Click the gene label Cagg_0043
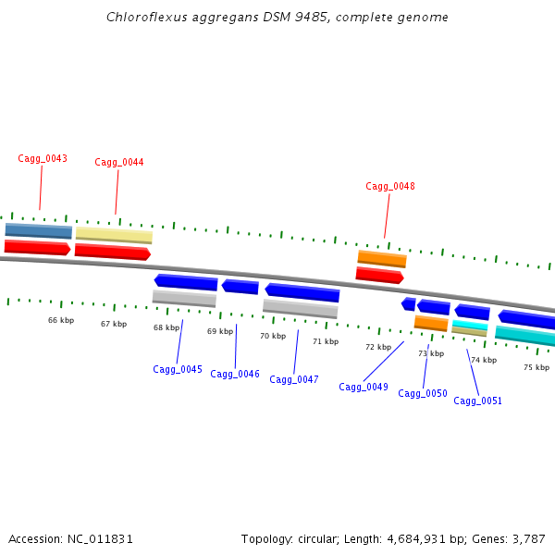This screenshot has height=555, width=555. point(43,158)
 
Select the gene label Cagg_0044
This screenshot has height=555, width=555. point(119,163)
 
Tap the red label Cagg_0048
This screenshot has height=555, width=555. point(390,186)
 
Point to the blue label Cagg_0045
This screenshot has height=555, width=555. point(178,369)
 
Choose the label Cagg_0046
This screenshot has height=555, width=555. point(235,374)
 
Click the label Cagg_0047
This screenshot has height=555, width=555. point(294,379)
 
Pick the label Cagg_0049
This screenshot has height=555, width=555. point(364,387)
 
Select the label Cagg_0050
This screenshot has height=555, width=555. point(423,393)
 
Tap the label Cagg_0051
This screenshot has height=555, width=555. point(478,401)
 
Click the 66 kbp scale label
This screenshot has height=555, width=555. point(61,320)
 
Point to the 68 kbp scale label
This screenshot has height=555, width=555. point(166,327)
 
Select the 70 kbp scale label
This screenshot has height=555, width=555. point(273,336)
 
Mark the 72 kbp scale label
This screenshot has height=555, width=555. point(378,347)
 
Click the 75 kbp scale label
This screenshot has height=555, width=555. point(536,367)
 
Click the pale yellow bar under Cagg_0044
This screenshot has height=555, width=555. point(114,236)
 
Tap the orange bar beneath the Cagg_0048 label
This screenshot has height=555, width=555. point(382,258)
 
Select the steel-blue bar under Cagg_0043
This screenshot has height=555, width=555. point(38,230)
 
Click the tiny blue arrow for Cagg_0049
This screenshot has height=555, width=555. point(408,303)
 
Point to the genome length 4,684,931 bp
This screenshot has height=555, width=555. point(413,538)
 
